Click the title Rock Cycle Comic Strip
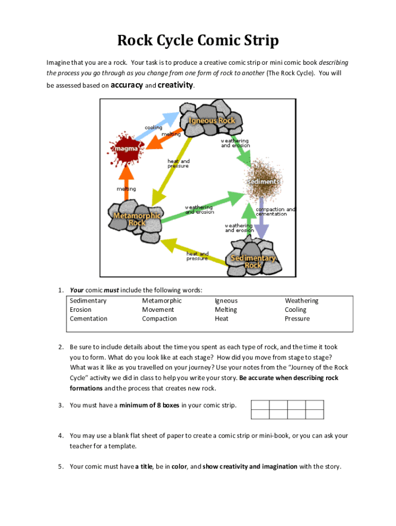point(197,41)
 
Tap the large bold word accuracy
point(127,85)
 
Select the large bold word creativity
point(175,85)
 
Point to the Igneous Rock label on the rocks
point(211,121)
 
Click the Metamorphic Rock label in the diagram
point(137,219)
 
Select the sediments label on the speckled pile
point(263,182)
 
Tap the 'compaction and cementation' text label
point(275,212)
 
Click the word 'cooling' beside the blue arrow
point(153,127)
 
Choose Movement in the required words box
point(158,310)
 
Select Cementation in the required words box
point(88,319)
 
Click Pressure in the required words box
point(297,319)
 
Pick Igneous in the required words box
point(226,301)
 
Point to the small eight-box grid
point(287,410)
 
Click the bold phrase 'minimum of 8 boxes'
point(149,405)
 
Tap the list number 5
point(60,467)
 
